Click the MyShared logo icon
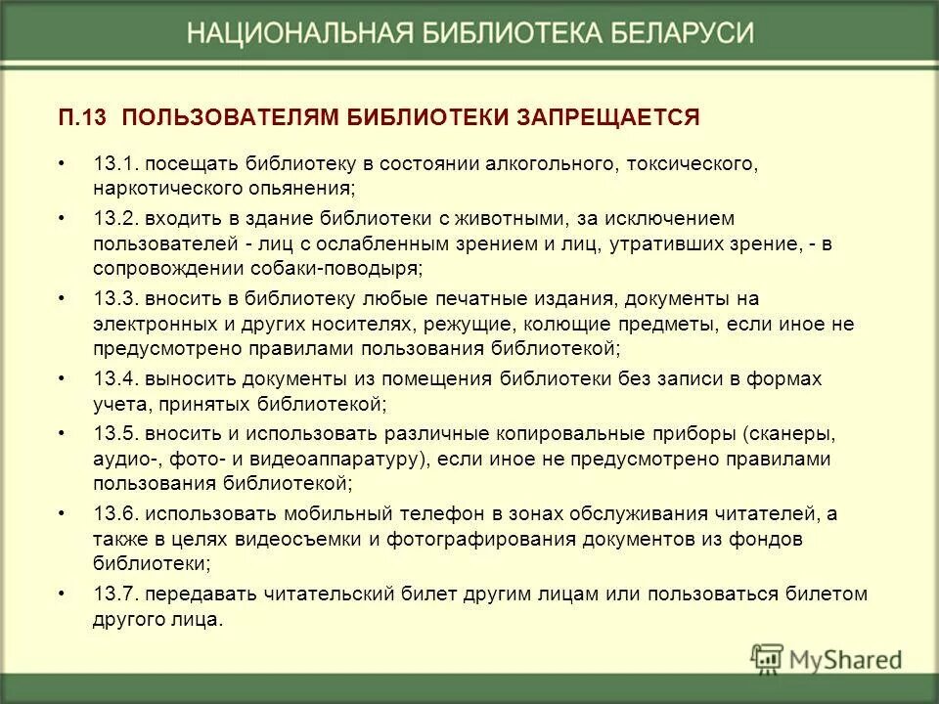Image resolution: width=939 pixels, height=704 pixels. pos(769,656)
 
